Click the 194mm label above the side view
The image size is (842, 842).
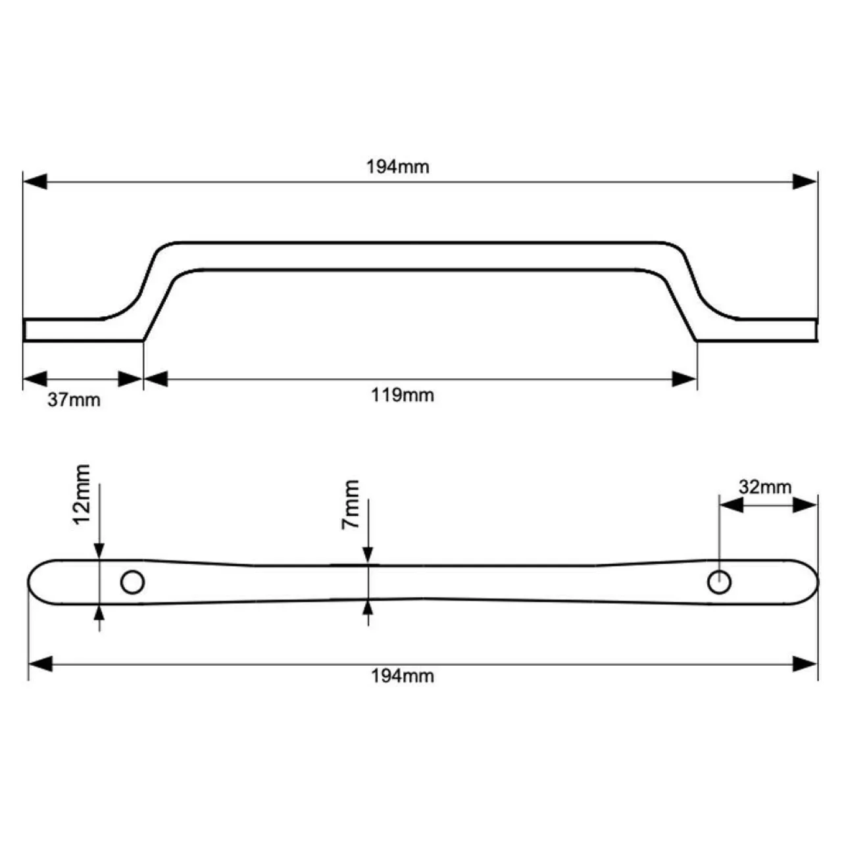397,167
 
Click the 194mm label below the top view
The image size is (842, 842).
403,676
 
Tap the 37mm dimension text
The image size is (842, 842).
74,400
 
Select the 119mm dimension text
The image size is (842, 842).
403,395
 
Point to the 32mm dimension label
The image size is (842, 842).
765,487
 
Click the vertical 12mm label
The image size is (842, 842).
82,495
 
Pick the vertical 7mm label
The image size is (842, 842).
351,505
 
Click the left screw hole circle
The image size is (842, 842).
132,582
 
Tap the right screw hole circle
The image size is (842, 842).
719,582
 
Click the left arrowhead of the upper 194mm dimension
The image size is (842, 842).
35,182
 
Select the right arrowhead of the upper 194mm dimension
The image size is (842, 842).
805,182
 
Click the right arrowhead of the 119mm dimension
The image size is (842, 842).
684,379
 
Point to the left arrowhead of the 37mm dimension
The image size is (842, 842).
35,379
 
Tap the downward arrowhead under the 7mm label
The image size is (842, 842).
368,555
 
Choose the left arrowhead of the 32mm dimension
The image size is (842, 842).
731,506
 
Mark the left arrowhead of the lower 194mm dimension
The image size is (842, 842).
41,664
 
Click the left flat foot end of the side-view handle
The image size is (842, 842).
24,330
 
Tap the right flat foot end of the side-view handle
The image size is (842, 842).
816,330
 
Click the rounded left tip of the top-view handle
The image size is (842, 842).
29,582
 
